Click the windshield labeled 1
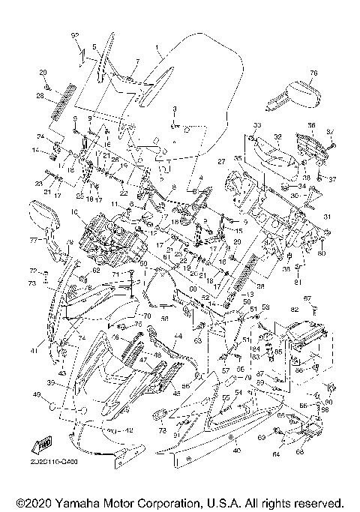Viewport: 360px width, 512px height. [x=195, y=90]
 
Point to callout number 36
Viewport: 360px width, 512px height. [x=311, y=125]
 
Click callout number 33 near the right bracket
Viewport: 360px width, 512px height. [x=256, y=124]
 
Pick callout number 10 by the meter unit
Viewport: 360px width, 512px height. [x=74, y=212]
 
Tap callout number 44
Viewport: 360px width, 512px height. [x=178, y=337]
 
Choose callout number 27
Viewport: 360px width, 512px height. [x=221, y=161]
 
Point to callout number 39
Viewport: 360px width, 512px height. [x=52, y=382]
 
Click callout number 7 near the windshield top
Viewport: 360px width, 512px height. [x=137, y=60]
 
